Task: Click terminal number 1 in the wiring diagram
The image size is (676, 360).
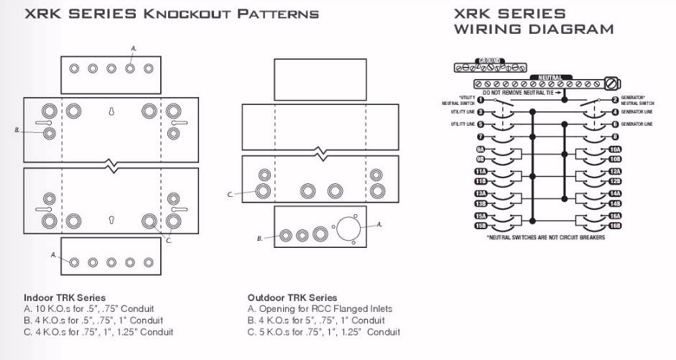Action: (x=481, y=100)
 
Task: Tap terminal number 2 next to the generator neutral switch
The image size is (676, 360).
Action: (x=615, y=100)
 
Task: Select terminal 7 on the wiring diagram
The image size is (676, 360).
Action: (x=481, y=136)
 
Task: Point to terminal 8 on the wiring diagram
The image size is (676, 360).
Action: (x=615, y=136)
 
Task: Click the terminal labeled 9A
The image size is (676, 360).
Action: (x=481, y=149)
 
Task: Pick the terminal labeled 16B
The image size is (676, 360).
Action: (x=615, y=226)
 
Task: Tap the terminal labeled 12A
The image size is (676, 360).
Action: (x=615, y=172)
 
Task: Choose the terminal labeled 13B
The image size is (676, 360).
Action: (x=481, y=203)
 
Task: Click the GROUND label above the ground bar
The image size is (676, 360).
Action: (x=490, y=61)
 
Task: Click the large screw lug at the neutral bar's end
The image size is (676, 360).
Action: (x=613, y=83)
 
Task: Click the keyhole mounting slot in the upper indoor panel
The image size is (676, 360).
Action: (x=111, y=111)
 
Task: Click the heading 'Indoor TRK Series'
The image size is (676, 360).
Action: (x=65, y=297)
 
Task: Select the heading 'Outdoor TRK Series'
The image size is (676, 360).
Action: (x=292, y=297)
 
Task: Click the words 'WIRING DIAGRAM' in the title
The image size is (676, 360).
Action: (x=533, y=29)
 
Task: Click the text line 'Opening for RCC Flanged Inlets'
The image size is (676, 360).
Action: (x=325, y=309)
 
